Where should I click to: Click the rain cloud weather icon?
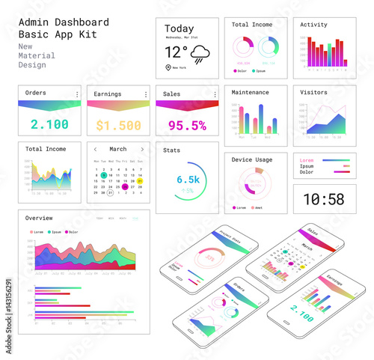tap(200, 53)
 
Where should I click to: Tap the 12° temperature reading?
tap(177, 52)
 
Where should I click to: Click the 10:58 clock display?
tap(324, 199)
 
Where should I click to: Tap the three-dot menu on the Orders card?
tap(77, 94)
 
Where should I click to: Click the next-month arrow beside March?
tap(142, 149)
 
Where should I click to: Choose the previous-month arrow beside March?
tap(95, 149)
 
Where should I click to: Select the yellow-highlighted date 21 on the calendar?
tap(140, 180)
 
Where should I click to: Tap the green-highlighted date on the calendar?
tap(104, 176)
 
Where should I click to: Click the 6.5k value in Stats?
tap(188, 180)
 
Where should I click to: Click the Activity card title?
tap(313, 25)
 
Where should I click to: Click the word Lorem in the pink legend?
tap(306, 160)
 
